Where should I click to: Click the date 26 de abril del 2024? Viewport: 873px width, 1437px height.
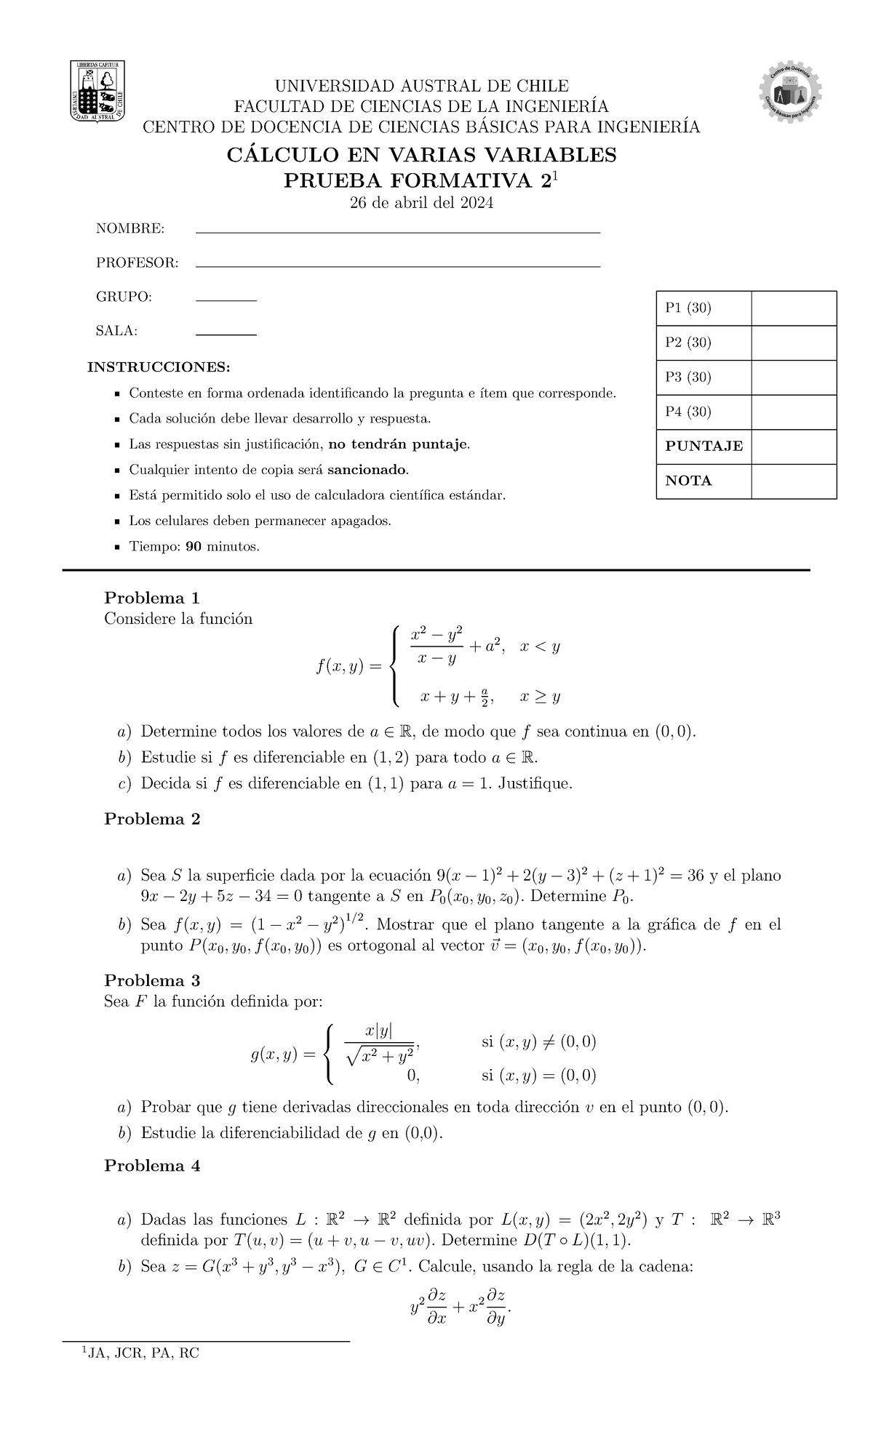click(x=422, y=204)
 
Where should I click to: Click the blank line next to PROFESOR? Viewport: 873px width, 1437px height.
click(x=398, y=266)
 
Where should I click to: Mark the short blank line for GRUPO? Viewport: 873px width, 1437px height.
click(x=226, y=300)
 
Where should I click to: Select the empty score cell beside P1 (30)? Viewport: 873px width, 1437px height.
click(x=793, y=308)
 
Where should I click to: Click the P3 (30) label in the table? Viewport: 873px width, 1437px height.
click(x=688, y=377)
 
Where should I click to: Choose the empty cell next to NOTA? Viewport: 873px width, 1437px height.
click(x=793, y=481)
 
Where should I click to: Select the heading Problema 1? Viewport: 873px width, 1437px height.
click(x=152, y=598)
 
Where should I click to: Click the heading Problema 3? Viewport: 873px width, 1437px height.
click(x=152, y=979)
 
